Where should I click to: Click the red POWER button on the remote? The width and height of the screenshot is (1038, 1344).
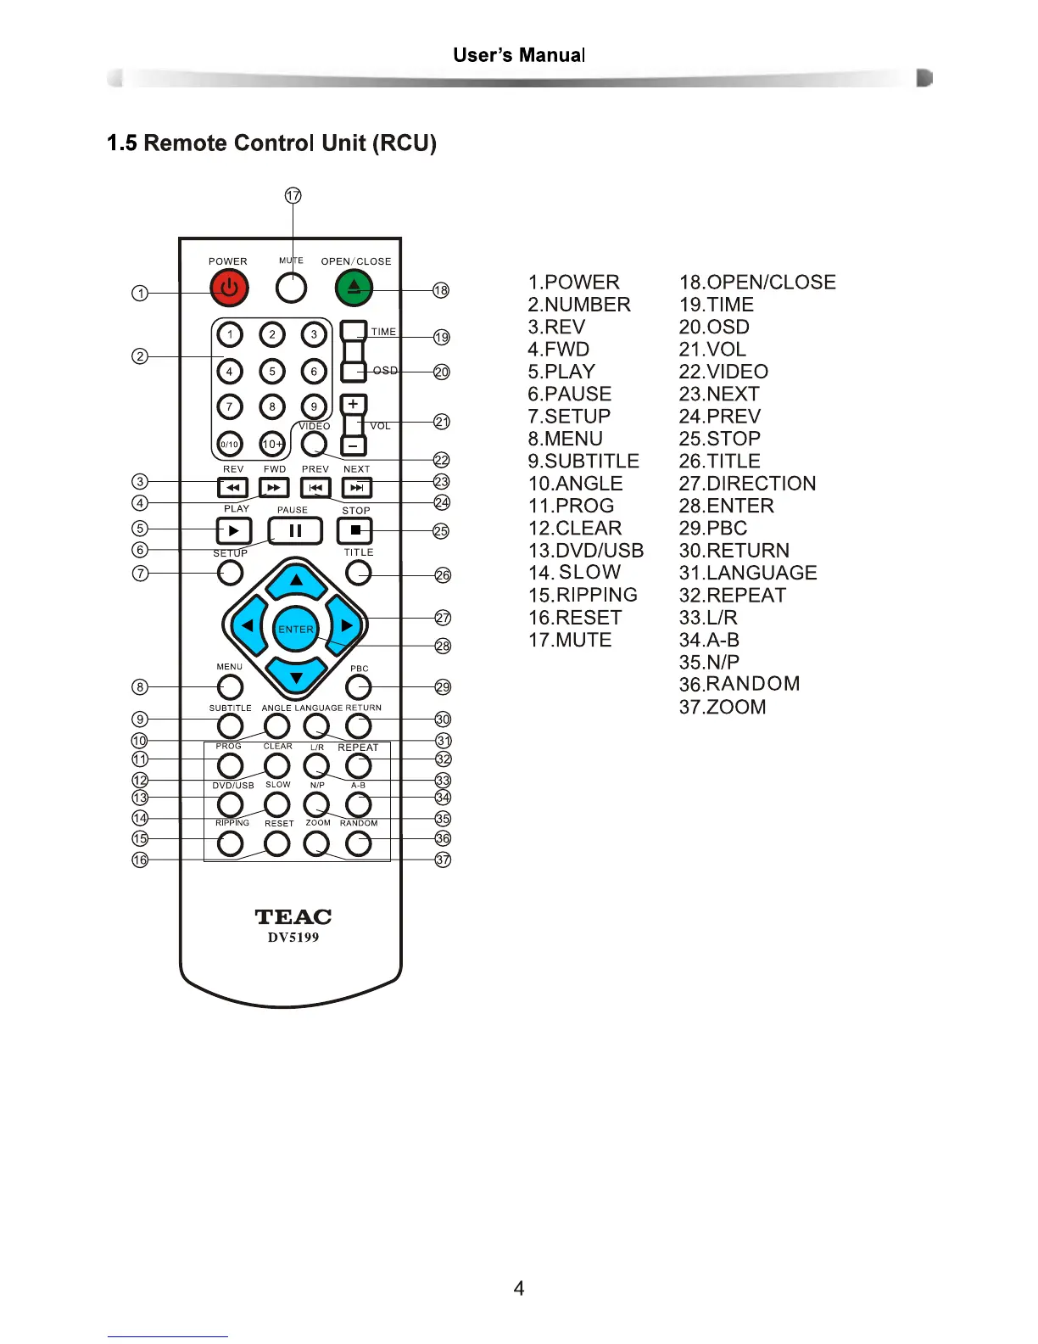[229, 288]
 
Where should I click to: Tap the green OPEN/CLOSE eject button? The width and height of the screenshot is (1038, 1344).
[354, 288]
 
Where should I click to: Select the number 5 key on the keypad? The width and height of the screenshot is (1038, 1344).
[272, 371]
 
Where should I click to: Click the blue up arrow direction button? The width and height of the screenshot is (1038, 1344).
[296, 581]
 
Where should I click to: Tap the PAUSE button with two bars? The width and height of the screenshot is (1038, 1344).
[295, 531]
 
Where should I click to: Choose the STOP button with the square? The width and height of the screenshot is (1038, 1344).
[355, 531]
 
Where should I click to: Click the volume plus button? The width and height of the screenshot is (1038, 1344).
[354, 405]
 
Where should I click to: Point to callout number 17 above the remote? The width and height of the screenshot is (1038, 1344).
[293, 195]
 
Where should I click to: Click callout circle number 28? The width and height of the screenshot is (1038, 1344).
[443, 646]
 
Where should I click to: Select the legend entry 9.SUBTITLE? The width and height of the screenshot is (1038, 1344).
[583, 461]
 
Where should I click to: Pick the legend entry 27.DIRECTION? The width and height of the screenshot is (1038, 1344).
[747, 484]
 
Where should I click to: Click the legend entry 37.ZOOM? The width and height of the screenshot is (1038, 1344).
[723, 707]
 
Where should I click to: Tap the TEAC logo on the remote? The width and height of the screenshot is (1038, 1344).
[293, 917]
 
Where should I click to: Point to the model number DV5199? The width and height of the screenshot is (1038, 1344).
[293, 938]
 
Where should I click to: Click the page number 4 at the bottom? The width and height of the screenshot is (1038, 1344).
[519, 1288]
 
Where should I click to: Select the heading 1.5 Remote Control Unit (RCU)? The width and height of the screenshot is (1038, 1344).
[271, 143]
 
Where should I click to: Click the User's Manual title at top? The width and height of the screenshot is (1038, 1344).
[519, 55]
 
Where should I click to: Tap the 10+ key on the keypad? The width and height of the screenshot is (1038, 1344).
[272, 443]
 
